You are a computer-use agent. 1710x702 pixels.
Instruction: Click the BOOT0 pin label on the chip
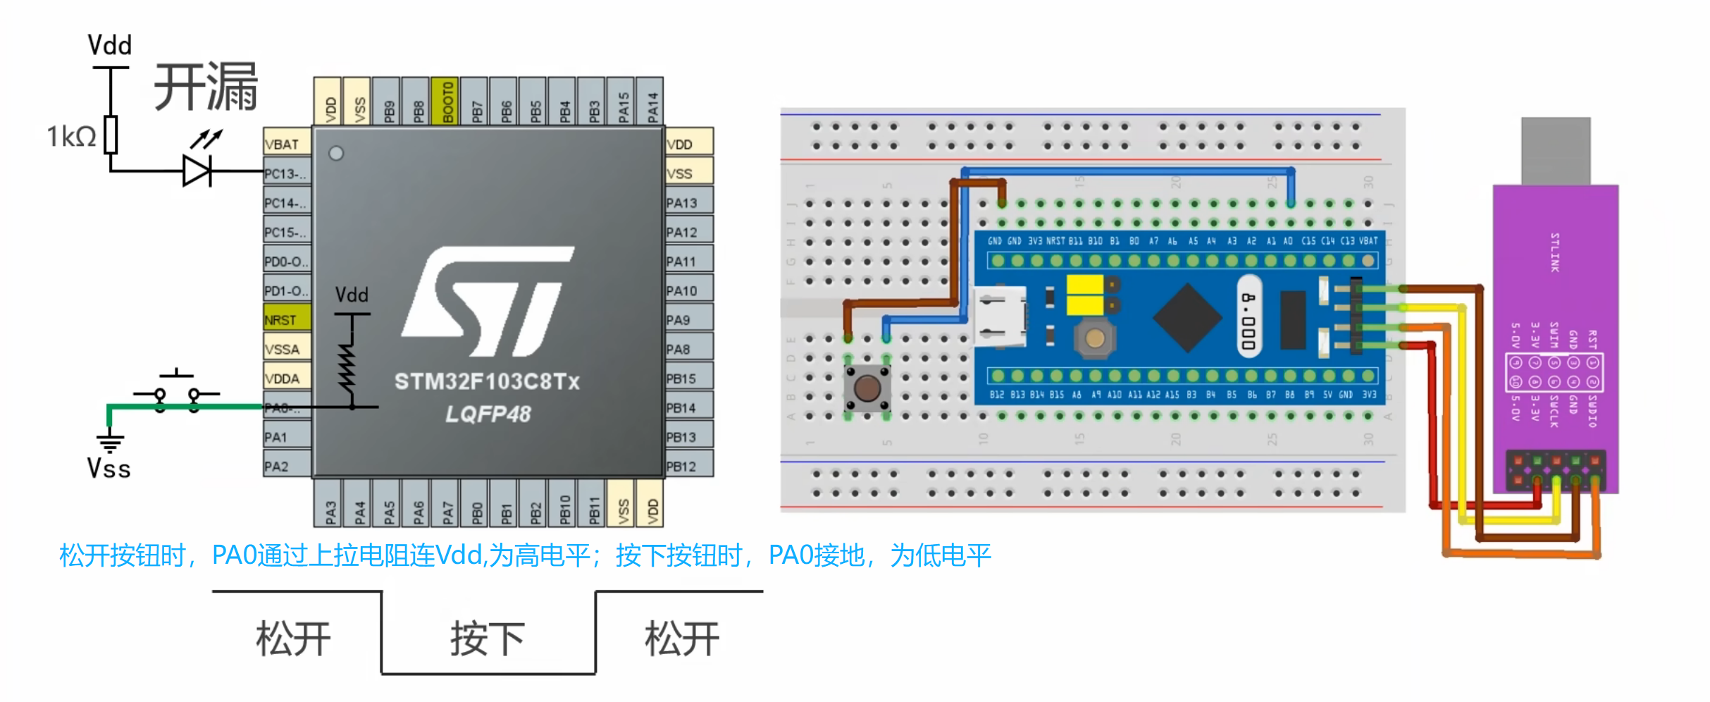(447, 101)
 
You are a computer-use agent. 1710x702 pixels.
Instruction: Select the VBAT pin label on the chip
(286, 143)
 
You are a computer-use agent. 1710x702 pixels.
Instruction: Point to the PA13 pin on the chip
(688, 202)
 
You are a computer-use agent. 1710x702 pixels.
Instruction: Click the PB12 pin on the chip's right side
(688, 466)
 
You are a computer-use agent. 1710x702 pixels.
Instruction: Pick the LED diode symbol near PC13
(198, 171)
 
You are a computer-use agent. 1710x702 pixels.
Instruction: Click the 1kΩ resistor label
(71, 136)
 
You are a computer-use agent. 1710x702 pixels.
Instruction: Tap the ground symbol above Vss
(110, 443)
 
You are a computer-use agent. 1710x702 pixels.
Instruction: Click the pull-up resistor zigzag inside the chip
(347, 367)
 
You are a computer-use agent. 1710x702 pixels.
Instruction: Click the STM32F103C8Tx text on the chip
(487, 382)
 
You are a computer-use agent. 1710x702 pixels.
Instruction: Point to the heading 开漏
(206, 87)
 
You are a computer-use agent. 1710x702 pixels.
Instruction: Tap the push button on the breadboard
(867, 387)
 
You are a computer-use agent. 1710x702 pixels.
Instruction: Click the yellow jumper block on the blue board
(1085, 295)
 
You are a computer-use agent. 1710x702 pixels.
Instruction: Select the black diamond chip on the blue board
(1188, 317)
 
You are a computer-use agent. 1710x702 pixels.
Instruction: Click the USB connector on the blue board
(1000, 317)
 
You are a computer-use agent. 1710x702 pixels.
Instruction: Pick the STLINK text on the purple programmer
(1555, 252)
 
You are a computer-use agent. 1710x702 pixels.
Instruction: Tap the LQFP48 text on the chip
(488, 414)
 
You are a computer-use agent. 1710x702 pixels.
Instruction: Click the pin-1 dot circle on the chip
(337, 153)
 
